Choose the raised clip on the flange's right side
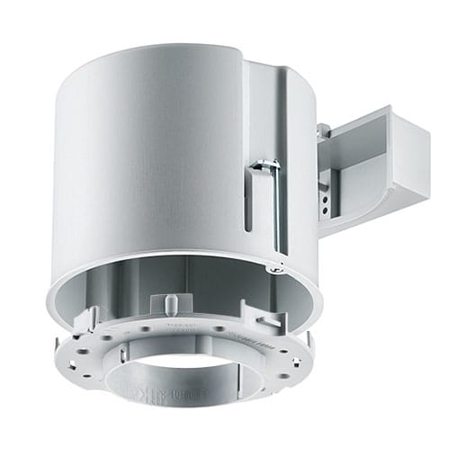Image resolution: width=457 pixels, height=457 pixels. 272,318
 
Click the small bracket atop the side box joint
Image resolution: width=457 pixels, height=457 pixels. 323,130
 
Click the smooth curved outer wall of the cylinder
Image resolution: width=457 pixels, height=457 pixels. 144,162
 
